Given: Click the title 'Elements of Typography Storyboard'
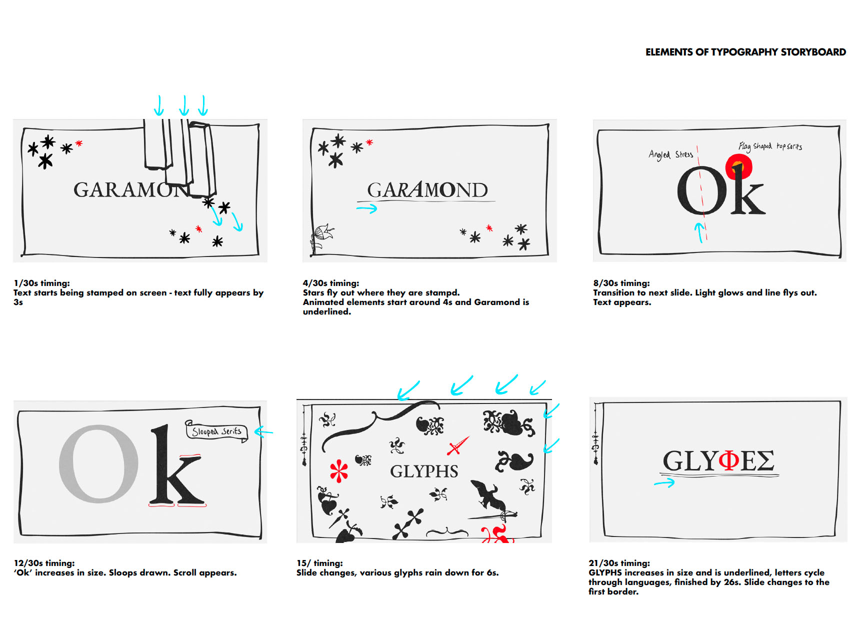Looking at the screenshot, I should pyautogui.click(x=745, y=52).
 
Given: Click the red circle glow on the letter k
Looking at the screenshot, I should pyautogui.click(x=739, y=166).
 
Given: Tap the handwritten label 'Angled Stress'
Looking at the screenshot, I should pyautogui.click(x=670, y=154).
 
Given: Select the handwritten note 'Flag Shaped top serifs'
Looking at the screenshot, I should pyautogui.click(x=770, y=146).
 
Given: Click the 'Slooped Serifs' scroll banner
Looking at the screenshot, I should pyautogui.click(x=216, y=430).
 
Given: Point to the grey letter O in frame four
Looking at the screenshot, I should pyautogui.click(x=99, y=463).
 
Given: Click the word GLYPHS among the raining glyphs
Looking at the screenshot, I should pyautogui.click(x=424, y=471).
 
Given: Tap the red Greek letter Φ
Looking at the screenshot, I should pyautogui.click(x=729, y=460).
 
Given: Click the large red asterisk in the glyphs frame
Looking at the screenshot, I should pyautogui.click(x=339, y=471).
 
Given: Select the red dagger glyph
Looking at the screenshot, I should pyautogui.click(x=457, y=445).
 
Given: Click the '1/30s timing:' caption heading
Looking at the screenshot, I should pyautogui.click(x=42, y=283).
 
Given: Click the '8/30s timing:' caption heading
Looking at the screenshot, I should pyautogui.click(x=621, y=283).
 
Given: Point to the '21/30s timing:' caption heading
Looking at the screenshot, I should pyautogui.click(x=619, y=563).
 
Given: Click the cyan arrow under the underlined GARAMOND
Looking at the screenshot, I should pyautogui.click(x=366, y=208).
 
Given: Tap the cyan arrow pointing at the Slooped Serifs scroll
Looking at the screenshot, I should pyautogui.click(x=263, y=431).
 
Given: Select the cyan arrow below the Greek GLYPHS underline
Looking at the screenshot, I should pyautogui.click(x=664, y=483).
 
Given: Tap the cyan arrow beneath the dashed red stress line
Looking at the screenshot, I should pyautogui.click(x=700, y=232).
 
